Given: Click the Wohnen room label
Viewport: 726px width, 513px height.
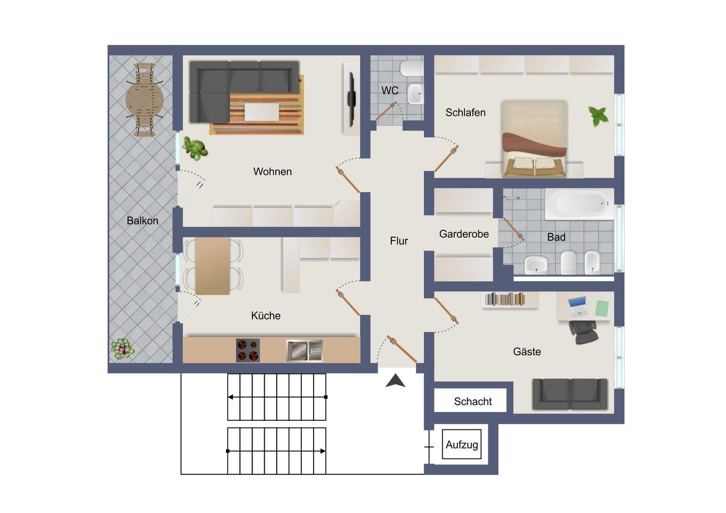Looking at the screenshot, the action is (x=272, y=171).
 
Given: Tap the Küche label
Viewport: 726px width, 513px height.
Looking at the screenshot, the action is (x=266, y=315).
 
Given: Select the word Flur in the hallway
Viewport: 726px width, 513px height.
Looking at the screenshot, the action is (x=399, y=241).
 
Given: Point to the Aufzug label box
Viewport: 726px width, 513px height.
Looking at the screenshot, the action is (x=461, y=444).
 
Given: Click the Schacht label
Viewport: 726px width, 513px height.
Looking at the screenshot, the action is (x=473, y=402).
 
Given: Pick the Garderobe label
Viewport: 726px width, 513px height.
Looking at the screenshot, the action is (x=464, y=234).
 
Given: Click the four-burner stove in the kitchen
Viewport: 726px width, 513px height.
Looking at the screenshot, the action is (x=248, y=350).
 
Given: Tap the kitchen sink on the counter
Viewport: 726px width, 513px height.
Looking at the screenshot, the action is (x=305, y=350).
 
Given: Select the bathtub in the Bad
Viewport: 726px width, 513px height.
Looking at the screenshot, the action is (x=579, y=204).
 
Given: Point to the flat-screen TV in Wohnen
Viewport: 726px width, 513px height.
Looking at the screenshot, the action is (x=351, y=99).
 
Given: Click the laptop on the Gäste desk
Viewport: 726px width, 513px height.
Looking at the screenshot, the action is (x=578, y=306).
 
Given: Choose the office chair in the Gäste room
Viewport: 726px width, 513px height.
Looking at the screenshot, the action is (x=583, y=332).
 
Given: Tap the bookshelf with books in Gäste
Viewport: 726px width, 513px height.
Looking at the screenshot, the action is (x=505, y=299).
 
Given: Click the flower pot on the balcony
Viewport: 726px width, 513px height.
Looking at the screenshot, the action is (x=122, y=349).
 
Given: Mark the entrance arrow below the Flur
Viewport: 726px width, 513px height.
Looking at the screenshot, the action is (x=395, y=380).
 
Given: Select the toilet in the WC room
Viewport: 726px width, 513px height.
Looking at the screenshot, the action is (x=411, y=68).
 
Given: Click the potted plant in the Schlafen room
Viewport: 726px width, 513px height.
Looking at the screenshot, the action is (x=598, y=116).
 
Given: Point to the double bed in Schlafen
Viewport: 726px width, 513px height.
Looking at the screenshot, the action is (x=534, y=139).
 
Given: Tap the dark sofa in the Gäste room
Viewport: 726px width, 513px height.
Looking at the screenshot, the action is (x=570, y=394).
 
